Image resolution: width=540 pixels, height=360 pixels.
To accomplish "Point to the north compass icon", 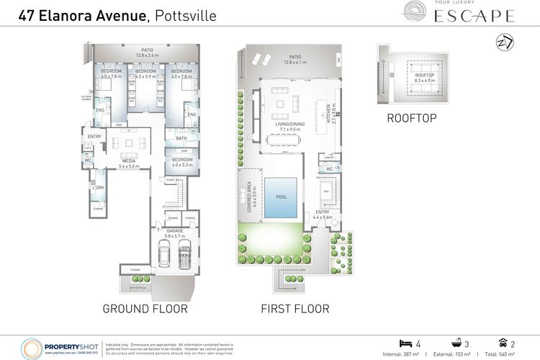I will (x=506, y=43).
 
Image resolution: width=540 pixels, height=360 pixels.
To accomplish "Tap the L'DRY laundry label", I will (x=98, y=189).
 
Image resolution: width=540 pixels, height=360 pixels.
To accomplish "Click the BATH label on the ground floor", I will (x=181, y=138).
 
